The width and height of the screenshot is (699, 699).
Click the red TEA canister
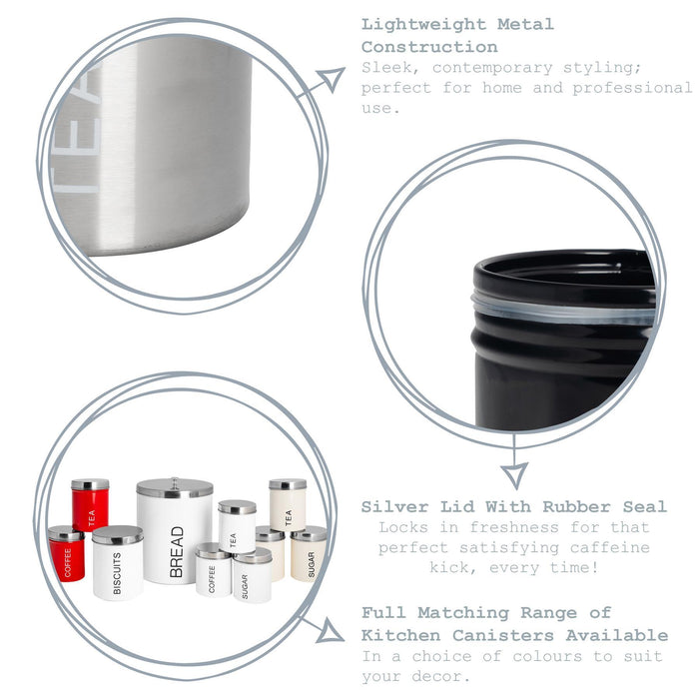90,505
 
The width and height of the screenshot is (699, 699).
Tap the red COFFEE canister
67,554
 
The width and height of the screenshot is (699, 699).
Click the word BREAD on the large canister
177,552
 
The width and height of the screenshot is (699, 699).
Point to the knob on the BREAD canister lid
175,482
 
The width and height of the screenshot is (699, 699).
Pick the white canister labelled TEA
238,526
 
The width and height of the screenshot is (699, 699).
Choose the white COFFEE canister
213,570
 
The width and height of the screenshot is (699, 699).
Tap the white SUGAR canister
253,575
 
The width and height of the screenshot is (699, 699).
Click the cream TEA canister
288,505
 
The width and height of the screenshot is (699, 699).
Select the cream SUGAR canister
309,554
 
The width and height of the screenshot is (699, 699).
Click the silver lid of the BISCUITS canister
118,534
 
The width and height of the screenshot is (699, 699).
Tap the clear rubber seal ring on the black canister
562,310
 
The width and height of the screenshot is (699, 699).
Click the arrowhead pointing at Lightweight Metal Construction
331,79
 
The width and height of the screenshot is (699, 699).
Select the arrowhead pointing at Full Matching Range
330,630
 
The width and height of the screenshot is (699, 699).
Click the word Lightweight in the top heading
423,24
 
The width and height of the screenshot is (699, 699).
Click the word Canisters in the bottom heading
503,635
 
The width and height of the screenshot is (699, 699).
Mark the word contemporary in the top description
492,68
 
